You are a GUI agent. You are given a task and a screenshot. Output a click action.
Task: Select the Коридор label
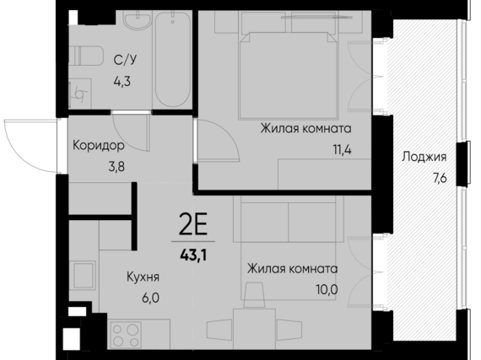click(100, 144)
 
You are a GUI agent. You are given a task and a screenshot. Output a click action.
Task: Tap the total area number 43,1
click(196, 250)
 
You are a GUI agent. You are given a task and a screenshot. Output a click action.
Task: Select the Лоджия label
click(424, 158)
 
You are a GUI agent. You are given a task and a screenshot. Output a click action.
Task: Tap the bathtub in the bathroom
click(174, 59)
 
